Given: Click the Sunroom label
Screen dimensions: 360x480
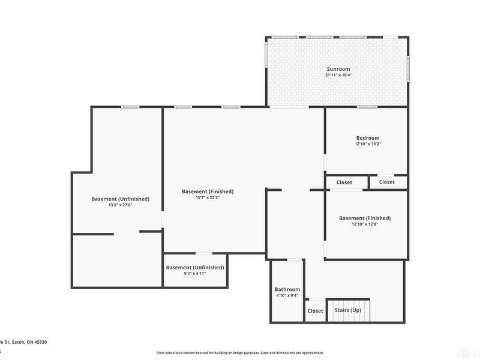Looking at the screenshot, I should point(338,69).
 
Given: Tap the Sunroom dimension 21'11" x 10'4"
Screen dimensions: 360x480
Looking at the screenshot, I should point(338,76).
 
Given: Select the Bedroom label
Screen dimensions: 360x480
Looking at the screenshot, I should point(367,138).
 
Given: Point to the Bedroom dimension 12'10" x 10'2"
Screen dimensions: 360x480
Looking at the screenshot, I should point(367,145).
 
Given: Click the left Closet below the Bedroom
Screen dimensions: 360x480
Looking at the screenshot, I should point(344,182).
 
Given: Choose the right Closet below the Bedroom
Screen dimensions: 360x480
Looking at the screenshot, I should point(387,182).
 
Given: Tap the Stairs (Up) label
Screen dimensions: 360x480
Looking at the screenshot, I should point(348,311).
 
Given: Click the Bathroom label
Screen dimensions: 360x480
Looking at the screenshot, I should point(287,289).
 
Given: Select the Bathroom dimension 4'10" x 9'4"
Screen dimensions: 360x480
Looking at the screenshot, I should point(287,296).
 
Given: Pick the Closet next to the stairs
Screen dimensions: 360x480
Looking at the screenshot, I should point(315,311).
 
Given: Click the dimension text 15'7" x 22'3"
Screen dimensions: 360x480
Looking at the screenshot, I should point(208,198).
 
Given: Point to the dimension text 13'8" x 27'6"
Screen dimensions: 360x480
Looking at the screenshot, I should point(120,205).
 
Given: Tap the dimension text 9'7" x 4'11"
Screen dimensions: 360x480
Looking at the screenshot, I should point(194,274).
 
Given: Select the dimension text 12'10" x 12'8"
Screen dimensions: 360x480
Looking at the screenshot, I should point(365,224).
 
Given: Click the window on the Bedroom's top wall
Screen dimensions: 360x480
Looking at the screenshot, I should point(367,107).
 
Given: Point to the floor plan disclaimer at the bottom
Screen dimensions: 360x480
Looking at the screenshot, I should point(240,353).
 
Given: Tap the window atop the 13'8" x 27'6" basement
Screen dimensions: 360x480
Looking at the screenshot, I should point(130,107).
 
